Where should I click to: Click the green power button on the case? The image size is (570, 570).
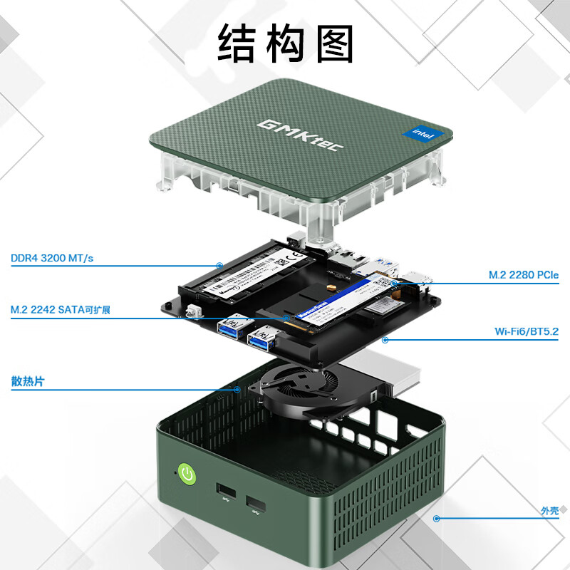(186, 473)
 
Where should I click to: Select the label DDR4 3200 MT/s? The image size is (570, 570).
(52, 258)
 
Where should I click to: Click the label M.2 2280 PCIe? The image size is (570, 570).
(524, 274)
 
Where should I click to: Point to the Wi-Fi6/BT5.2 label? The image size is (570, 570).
(527, 331)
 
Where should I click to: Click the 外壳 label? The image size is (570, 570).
(549, 511)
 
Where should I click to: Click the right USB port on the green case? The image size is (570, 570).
(255, 506)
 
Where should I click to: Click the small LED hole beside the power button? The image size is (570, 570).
(172, 471)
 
